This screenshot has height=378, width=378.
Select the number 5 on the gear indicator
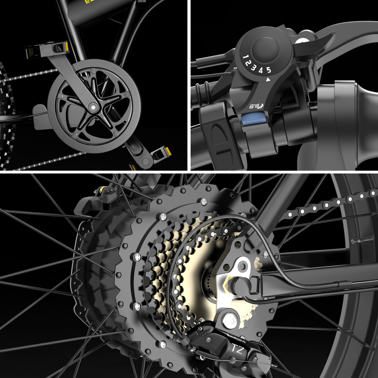pos(269,70)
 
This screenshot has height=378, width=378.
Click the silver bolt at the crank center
pos(93,107)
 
